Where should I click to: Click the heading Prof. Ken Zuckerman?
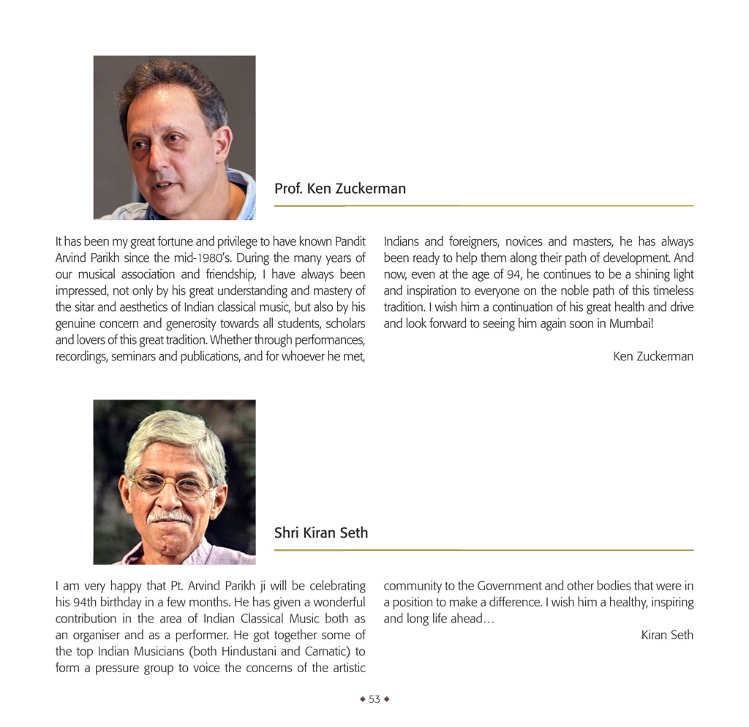point(339,189)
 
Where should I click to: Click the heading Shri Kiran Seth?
point(320,533)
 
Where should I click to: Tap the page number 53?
point(374,699)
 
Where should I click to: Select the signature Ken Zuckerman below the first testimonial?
point(653,356)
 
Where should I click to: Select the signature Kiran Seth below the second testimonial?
point(667,635)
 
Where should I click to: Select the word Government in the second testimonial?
point(509,586)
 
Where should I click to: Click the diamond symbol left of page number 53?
point(362,699)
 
